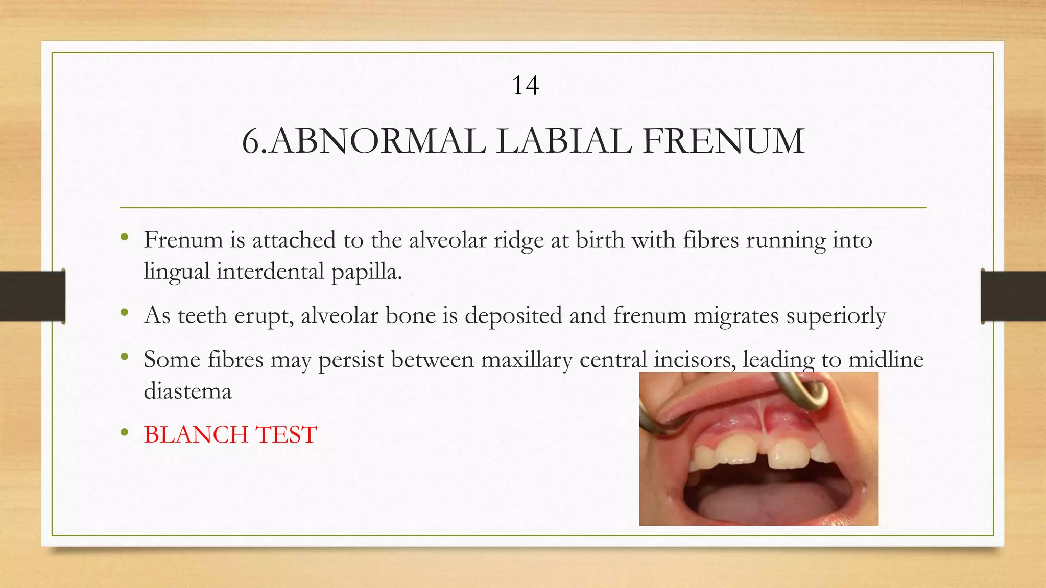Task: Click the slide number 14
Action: point(525,86)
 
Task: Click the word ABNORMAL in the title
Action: point(378,141)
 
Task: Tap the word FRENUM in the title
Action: point(723,141)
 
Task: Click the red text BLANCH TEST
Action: point(230,435)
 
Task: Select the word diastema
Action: point(187,391)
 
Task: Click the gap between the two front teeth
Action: point(762,454)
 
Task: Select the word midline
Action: point(886,360)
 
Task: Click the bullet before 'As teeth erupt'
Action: point(124,313)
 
